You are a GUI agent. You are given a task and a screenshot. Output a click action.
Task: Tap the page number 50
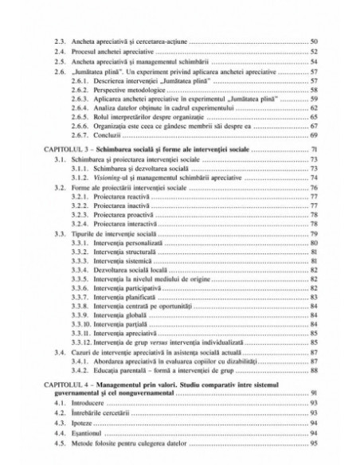(314, 40)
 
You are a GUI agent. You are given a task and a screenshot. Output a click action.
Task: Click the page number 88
(314, 369)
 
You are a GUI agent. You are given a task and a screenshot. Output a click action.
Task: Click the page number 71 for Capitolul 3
(314, 150)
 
